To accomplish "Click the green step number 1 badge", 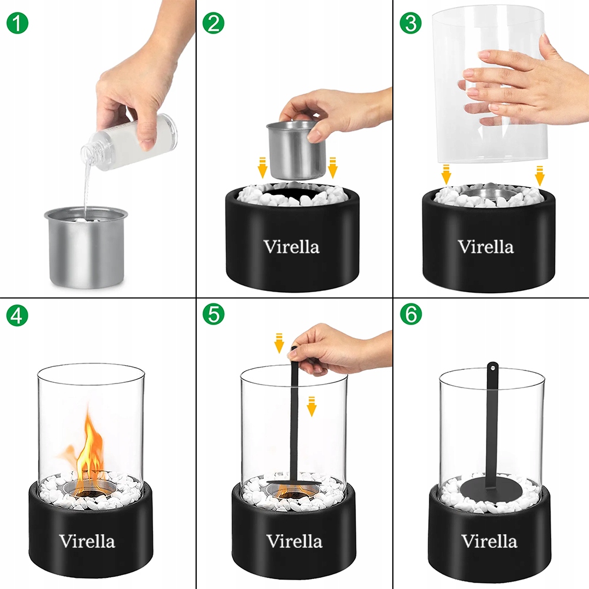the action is (17, 23).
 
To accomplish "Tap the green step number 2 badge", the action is (213, 23).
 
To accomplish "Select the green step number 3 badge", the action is (411, 23).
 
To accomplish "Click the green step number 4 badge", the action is (17, 315).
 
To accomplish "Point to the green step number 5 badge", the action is (213, 314).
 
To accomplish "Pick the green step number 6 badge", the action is (411, 314).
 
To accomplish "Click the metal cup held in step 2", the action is (296, 150).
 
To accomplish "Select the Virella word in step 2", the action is (292, 247).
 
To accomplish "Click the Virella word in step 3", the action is (486, 247).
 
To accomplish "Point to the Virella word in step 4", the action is (87, 541).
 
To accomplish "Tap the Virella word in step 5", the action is (294, 541).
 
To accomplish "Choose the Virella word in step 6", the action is (489, 541).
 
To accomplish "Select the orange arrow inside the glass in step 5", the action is (312, 406).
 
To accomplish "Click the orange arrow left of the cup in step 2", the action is (262, 168).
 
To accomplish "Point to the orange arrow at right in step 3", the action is (540, 176).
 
